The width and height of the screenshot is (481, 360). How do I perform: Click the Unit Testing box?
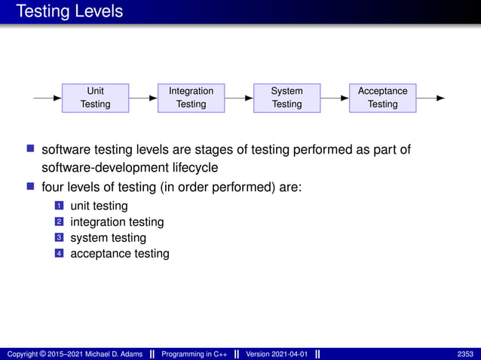[x=95, y=98]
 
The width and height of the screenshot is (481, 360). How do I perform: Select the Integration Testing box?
[x=191, y=98]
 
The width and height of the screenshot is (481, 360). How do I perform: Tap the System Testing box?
[x=286, y=98]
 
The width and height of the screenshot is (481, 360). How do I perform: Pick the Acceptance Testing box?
[x=382, y=98]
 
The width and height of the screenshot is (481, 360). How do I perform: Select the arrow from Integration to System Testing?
[x=239, y=98]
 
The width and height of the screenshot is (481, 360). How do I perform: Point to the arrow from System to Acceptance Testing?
[x=335, y=98]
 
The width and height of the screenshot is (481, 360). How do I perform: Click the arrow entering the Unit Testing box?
[x=47, y=98]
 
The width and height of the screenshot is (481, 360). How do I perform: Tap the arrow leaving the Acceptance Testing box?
[x=430, y=98]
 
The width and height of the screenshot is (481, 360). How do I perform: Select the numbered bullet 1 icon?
[x=58, y=206]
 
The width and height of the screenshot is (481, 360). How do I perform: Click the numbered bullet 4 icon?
[x=58, y=254]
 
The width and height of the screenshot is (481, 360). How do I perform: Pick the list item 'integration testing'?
[x=117, y=222]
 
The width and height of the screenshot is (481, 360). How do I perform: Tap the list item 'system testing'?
[x=108, y=238]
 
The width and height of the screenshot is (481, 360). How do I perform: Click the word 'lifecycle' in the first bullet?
[x=194, y=166]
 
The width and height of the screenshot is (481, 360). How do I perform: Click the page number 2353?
[x=465, y=354]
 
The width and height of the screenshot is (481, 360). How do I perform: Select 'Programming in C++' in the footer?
[x=197, y=354]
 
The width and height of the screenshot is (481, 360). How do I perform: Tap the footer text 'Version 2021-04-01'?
[x=277, y=354]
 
